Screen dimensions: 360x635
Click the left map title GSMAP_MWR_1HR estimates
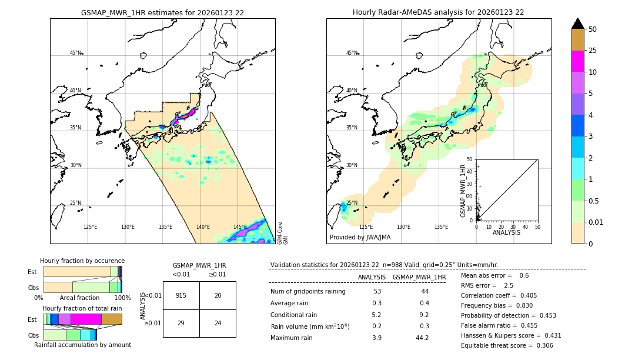click(162, 12)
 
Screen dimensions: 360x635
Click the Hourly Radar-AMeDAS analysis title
click(438, 12)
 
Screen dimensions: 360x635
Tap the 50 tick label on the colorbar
click(593, 29)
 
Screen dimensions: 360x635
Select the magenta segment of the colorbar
click(577, 62)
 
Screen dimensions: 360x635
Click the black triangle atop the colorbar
click(577, 24)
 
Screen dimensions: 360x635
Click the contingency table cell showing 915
click(181, 295)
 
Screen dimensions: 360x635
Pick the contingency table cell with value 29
click(181, 324)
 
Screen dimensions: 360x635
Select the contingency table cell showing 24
click(218, 324)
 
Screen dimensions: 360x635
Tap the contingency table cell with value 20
click(218, 295)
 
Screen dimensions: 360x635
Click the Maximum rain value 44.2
click(422, 338)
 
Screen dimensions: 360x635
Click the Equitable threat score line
click(507, 345)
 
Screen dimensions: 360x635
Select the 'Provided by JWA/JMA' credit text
click(360, 238)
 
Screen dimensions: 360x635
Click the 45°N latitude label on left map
click(75, 53)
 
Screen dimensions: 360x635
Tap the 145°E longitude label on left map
click(240, 227)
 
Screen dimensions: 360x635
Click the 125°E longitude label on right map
click(366, 227)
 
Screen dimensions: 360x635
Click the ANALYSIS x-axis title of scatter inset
click(506, 232)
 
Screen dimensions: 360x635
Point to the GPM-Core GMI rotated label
click(282, 233)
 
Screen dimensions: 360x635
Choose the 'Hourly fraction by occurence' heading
click(82, 261)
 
